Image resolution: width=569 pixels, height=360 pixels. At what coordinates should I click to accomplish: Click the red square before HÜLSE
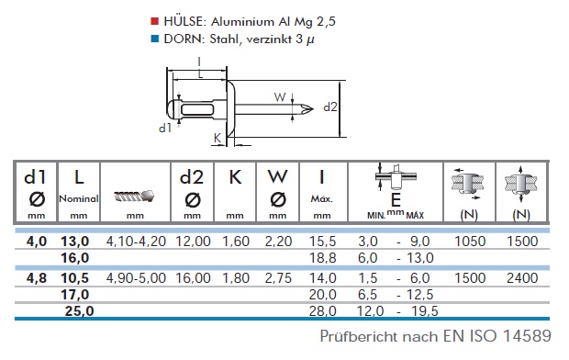[155, 21]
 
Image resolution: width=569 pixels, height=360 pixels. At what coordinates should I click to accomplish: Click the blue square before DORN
[155, 39]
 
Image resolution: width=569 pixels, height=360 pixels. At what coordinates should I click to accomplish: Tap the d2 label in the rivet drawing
[330, 107]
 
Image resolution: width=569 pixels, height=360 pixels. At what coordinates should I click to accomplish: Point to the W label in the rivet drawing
[280, 97]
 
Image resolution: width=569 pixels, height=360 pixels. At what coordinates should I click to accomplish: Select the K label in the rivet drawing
[217, 138]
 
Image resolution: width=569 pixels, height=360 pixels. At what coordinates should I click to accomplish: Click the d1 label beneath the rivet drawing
[165, 128]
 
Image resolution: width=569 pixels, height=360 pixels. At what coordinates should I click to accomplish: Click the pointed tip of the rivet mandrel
[313, 108]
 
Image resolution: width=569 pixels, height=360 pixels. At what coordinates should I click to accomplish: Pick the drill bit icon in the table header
[134, 197]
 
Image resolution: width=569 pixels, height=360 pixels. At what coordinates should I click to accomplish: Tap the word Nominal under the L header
[79, 198]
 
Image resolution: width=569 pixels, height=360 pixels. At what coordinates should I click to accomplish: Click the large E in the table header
[396, 200]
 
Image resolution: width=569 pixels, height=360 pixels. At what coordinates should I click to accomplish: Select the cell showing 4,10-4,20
[136, 242]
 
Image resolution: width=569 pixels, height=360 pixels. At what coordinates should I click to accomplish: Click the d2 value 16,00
[193, 278]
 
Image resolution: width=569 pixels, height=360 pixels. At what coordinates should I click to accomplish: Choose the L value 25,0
[80, 311]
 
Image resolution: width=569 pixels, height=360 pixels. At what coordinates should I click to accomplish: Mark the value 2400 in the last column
[522, 278]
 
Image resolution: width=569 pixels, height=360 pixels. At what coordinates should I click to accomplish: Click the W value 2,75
[278, 278]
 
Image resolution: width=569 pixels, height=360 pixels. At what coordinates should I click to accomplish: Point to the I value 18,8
[323, 258]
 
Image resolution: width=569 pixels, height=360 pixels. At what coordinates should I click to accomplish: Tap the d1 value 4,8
[37, 278]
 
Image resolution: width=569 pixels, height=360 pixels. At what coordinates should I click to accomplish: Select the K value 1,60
[236, 242]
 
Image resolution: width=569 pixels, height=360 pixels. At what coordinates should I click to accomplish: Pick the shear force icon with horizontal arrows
[468, 184]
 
